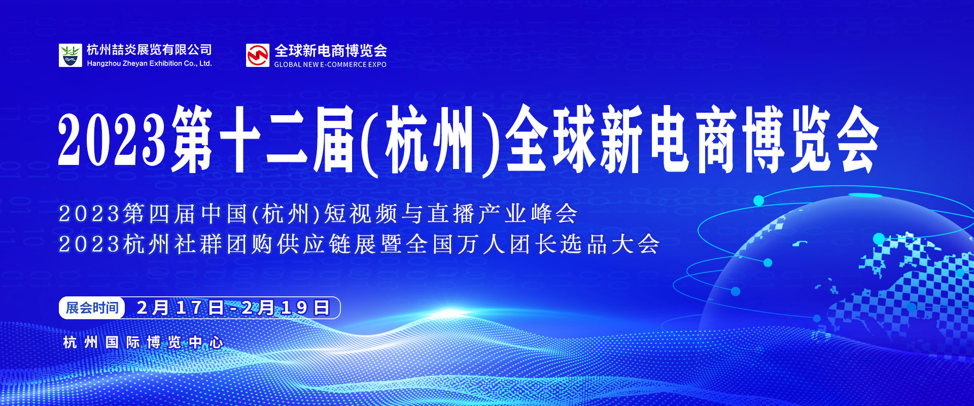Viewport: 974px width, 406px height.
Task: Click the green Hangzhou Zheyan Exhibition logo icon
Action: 70,55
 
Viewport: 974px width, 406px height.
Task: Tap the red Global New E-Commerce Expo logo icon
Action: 258,55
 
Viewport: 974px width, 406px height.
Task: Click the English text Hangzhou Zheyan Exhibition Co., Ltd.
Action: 149,63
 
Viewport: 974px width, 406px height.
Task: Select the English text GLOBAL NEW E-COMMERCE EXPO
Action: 330,64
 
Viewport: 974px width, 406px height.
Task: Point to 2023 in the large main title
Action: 112,140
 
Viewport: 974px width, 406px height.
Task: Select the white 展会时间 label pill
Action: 92,308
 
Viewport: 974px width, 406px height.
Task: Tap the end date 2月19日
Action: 286,308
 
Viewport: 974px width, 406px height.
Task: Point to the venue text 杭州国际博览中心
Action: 143,343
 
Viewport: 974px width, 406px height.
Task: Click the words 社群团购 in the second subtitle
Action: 225,244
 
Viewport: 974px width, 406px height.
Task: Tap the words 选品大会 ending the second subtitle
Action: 610,244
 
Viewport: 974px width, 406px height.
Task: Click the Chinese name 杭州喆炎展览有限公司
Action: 149,50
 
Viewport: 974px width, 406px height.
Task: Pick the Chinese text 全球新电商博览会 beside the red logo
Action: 331,51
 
